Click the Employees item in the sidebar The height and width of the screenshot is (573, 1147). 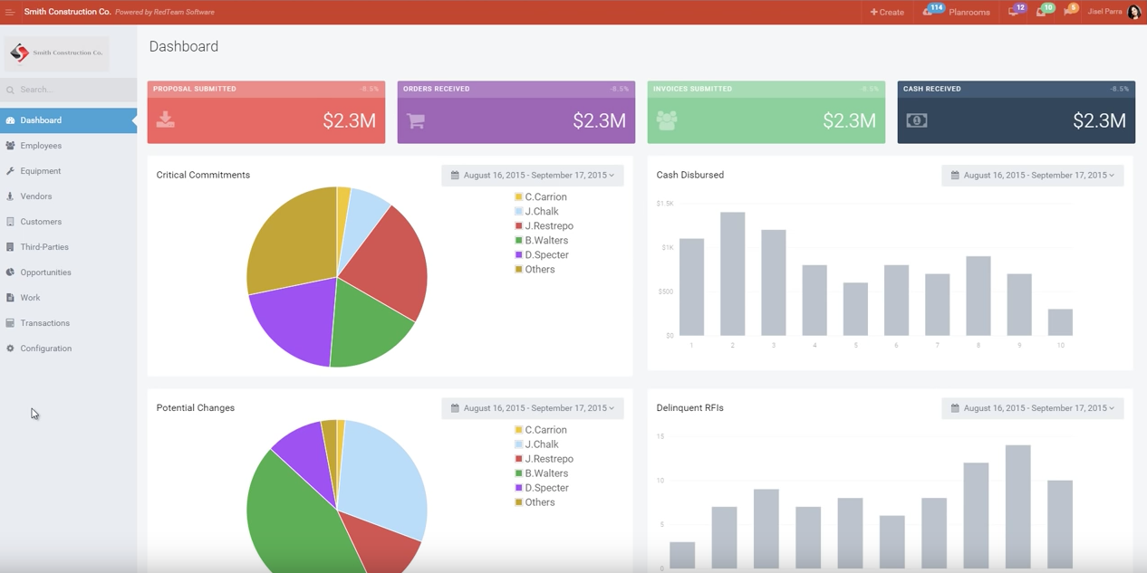click(x=41, y=146)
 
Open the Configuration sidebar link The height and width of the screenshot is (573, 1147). click(x=45, y=349)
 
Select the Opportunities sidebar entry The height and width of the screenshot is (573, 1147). click(x=45, y=272)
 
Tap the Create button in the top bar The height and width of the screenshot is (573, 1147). click(x=887, y=12)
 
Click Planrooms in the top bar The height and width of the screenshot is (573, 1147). click(x=968, y=12)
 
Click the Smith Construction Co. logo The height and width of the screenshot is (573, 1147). click(x=56, y=53)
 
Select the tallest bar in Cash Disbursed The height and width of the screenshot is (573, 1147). click(x=732, y=273)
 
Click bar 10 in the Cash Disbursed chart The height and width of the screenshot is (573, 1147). click(x=1060, y=322)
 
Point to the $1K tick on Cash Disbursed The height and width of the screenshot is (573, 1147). click(x=667, y=247)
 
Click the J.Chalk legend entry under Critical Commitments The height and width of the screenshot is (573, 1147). click(x=541, y=212)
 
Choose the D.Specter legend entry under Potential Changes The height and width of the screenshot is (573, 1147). click(x=545, y=488)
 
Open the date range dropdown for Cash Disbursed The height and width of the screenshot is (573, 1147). click(x=1033, y=175)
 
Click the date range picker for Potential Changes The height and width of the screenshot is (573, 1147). click(x=533, y=408)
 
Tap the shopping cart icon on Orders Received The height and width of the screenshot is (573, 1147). click(x=416, y=120)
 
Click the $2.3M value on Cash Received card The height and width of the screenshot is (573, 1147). click(x=1099, y=121)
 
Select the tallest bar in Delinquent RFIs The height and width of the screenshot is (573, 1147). click(x=1017, y=507)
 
